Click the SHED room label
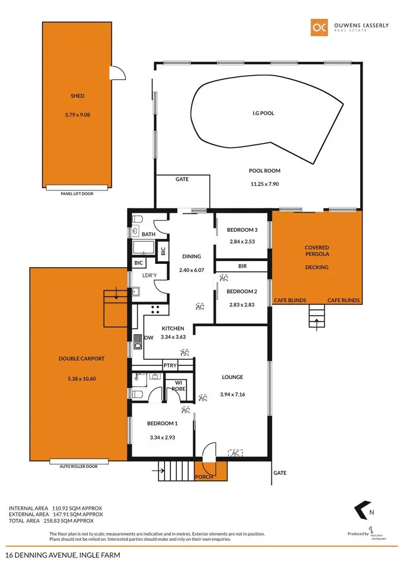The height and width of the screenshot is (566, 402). click(x=77, y=96)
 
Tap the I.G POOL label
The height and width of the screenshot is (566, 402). click(x=264, y=113)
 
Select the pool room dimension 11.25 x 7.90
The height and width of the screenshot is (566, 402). click(x=265, y=183)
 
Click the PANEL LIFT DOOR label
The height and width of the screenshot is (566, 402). click(x=77, y=194)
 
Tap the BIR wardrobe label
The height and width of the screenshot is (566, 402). click(x=242, y=266)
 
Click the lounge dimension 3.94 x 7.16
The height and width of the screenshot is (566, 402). click(x=232, y=395)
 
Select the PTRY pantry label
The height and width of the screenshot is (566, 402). click(x=170, y=365)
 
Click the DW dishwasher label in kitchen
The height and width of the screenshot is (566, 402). click(x=148, y=337)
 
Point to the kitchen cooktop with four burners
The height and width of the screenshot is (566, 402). click(x=157, y=309)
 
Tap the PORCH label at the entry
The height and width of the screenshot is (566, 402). click(x=204, y=476)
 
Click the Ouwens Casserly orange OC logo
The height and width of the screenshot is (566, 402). click(x=319, y=28)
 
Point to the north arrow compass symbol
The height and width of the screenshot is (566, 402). click(x=362, y=510)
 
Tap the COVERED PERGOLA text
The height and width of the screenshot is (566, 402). click(x=317, y=252)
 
